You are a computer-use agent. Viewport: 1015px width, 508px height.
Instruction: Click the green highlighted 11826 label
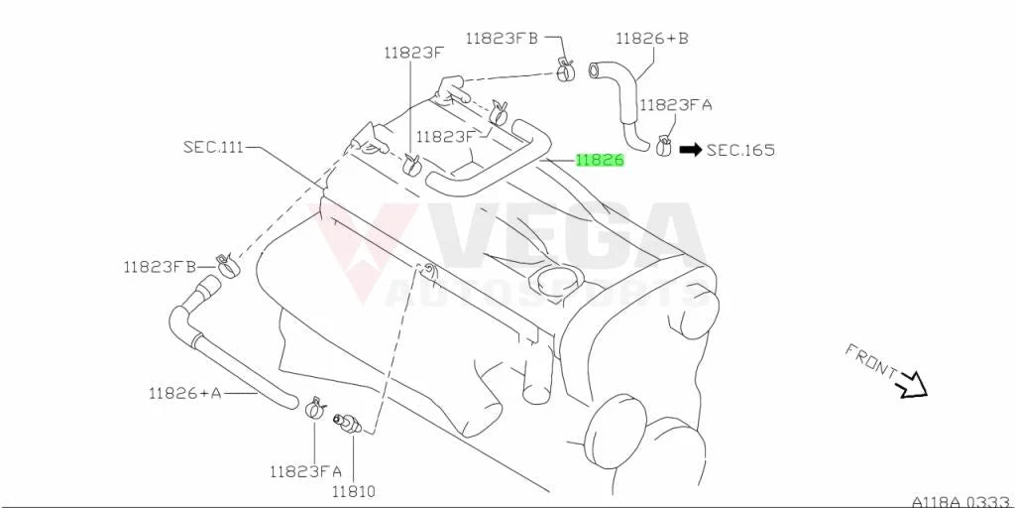(x=600, y=160)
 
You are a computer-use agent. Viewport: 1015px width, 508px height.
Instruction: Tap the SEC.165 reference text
(x=740, y=151)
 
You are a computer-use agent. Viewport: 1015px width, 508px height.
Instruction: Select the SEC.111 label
(x=213, y=147)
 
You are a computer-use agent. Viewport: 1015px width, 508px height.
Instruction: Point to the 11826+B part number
(x=652, y=39)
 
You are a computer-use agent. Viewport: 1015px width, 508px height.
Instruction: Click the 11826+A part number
(x=184, y=393)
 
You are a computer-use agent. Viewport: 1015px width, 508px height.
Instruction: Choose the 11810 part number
(x=354, y=491)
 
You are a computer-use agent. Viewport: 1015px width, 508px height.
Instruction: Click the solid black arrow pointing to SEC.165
(x=690, y=151)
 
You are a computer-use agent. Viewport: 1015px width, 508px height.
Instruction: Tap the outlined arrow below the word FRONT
(x=913, y=385)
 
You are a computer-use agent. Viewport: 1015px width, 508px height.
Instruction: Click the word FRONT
(x=870, y=360)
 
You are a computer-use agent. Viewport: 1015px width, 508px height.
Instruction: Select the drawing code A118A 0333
(x=961, y=501)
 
